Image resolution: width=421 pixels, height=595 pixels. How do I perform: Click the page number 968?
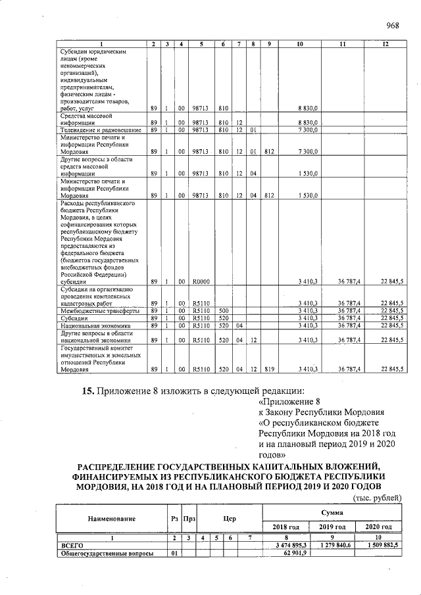(393, 26)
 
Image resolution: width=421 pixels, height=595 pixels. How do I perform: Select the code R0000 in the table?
(201, 281)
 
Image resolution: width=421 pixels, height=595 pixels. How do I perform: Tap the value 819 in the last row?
(269, 369)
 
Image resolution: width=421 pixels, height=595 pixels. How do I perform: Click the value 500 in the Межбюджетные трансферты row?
(223, 310)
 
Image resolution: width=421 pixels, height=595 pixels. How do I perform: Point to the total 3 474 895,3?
(286, 546)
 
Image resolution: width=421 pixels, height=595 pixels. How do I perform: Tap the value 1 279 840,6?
(332, 546)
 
